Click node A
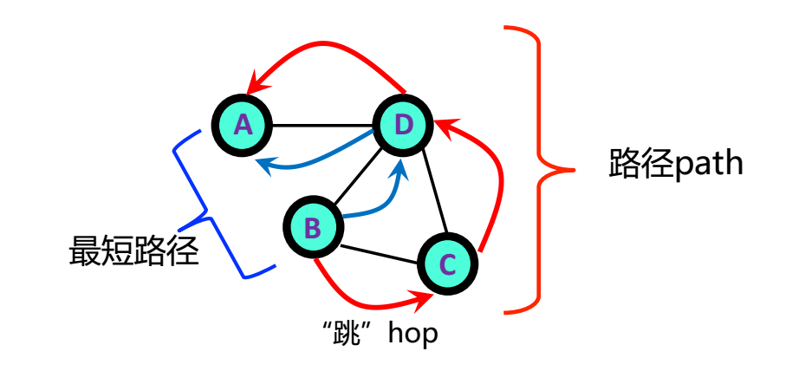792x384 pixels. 243,127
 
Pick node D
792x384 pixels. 403,127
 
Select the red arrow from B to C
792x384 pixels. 364,302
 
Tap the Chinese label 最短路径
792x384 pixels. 134,251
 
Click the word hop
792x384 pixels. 412,334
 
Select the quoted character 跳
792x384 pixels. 353,334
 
